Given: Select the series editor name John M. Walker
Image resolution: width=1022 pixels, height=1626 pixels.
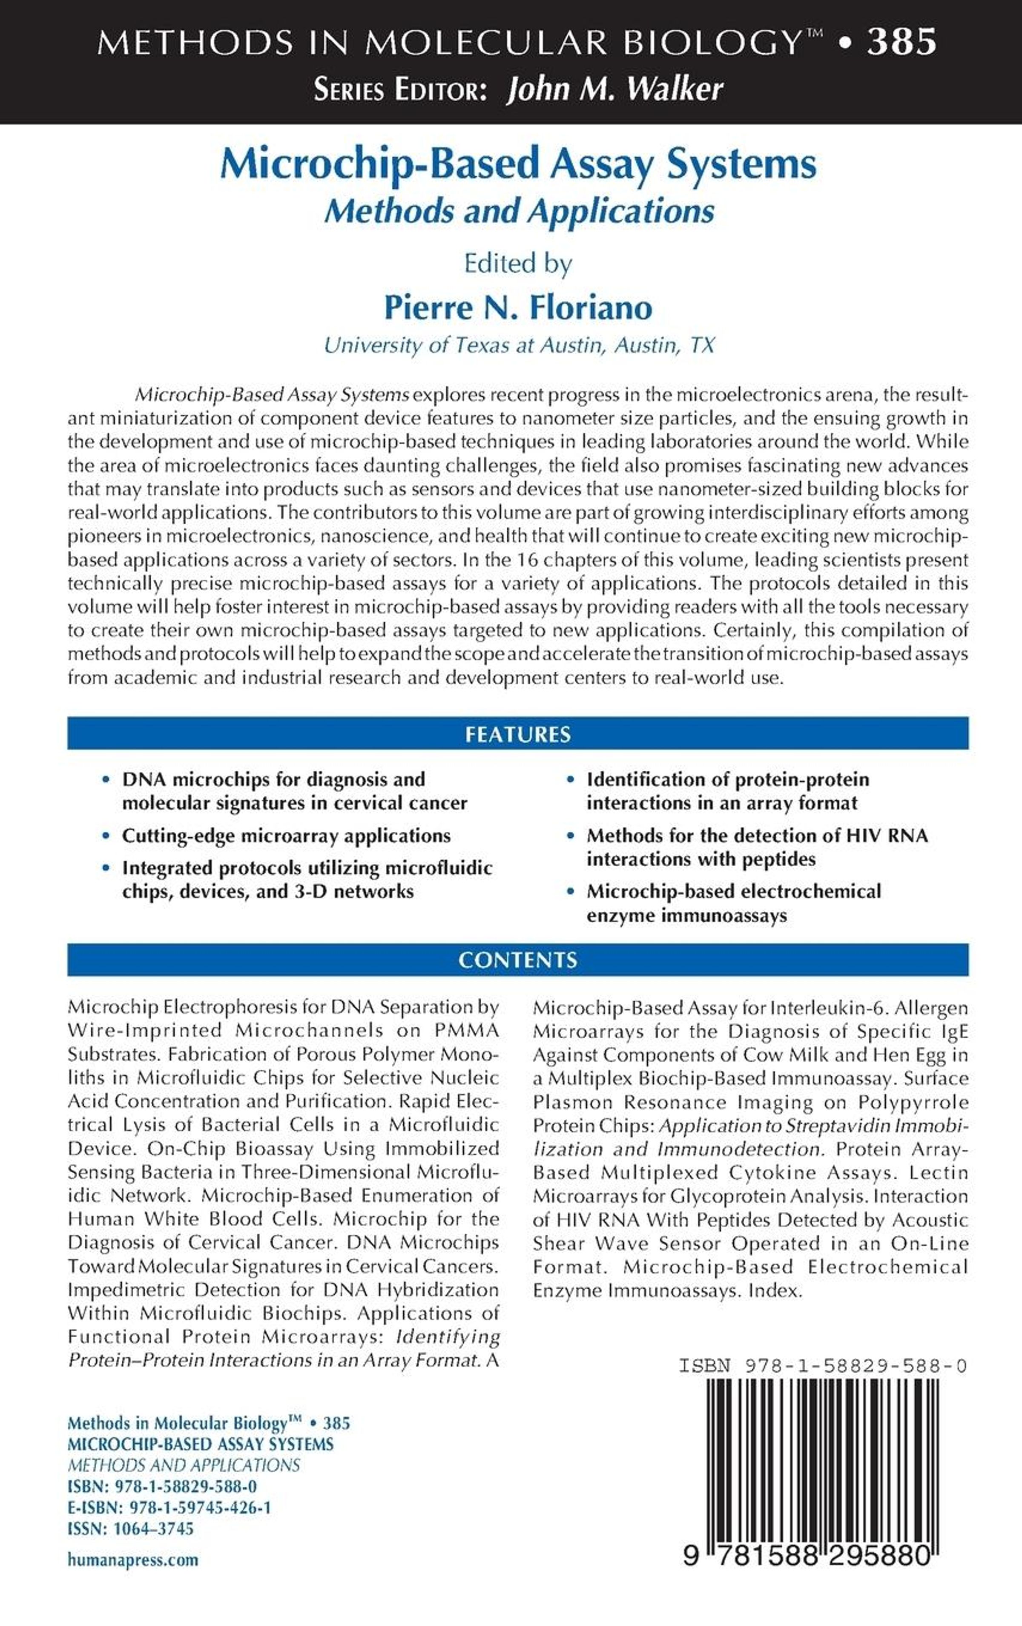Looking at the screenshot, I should click(x=614, y=89).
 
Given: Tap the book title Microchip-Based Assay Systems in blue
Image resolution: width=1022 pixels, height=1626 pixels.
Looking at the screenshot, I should click(x=518, y=164).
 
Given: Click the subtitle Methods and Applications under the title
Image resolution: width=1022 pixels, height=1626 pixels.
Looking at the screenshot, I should click(x=518, y=211).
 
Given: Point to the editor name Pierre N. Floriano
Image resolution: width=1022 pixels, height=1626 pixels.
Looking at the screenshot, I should click(x=518, y=307).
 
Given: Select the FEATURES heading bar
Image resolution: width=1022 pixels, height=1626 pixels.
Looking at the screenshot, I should click(x=518, y=734).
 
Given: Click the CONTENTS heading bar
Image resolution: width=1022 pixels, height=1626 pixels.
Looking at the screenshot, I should click(x=518, y=960).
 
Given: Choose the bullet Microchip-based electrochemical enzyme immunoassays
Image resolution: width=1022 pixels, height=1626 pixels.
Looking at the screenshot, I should click(x=733, y=903).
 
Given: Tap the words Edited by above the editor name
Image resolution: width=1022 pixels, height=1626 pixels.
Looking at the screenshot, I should click(x=518, y=263).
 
